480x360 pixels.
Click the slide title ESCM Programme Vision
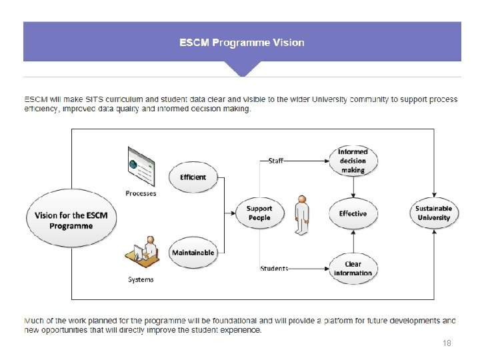click(x=241, y=43)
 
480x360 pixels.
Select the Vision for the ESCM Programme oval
click(x=71, y=221)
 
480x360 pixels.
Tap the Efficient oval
click(x=193, y=177)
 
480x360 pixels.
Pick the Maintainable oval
click(x=193, y=253)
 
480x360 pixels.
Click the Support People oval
click(x=259, y=213)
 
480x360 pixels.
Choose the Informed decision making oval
click(x=353, y=161)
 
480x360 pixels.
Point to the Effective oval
click(x=353, y=214)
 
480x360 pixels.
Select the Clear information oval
click(x=353, y=267)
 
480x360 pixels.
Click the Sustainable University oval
click(x=433, y=213)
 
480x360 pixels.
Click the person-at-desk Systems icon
click(x=142, y=253)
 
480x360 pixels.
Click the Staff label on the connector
click(x=275, y=161)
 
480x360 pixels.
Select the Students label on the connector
click(x=274, y=269)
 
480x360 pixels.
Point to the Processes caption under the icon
click(x=141, y=193)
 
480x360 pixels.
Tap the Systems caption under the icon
click(x=141, y=279)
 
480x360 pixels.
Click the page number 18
click(x=447, y=343)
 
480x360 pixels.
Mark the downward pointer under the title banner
click(x=241, y=69)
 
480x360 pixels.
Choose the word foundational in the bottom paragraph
click(x=225, y=321)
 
